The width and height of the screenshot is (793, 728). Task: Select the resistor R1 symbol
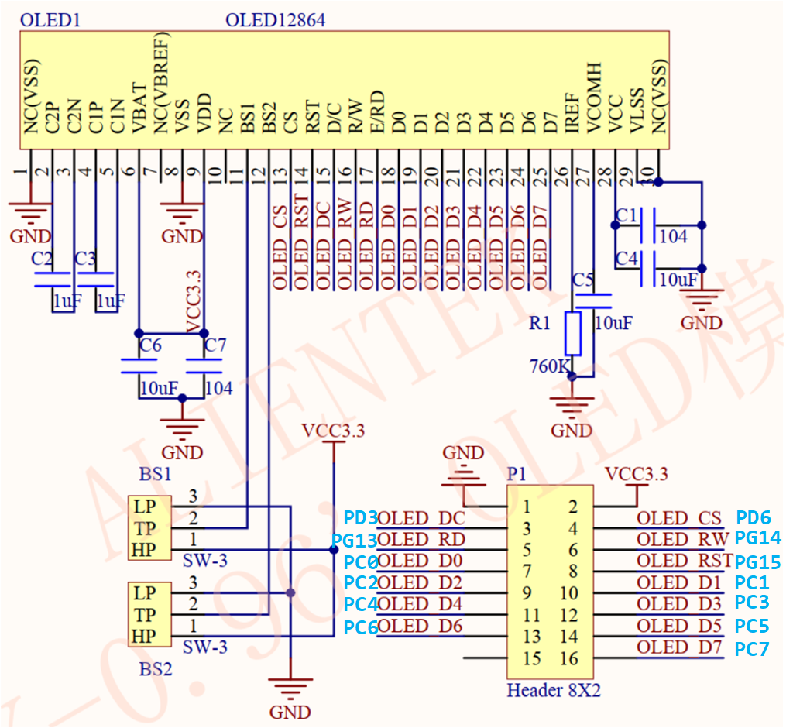click(x=573, y=334)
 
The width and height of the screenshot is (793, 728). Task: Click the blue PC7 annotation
click(x=752, y=648)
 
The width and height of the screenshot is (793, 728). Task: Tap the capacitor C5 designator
click(x=583, y=279)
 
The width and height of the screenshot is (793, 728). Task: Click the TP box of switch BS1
click(x=145, y=529)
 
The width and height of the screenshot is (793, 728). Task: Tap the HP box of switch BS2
click(x=145, y=637)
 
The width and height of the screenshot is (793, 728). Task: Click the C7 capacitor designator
click(x=215, y=346)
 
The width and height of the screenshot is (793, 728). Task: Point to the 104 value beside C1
click(x=673, y=236)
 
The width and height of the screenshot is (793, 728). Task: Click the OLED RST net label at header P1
click(x=683, y=561)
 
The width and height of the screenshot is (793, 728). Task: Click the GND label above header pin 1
click(x=462, y=452)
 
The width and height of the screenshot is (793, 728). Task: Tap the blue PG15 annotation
click(x=757, y=562)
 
